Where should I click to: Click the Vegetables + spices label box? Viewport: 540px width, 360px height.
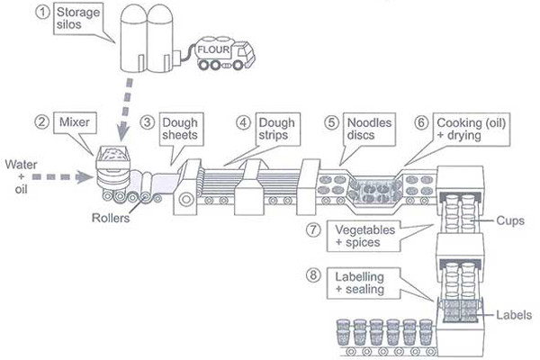click(366, 235)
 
